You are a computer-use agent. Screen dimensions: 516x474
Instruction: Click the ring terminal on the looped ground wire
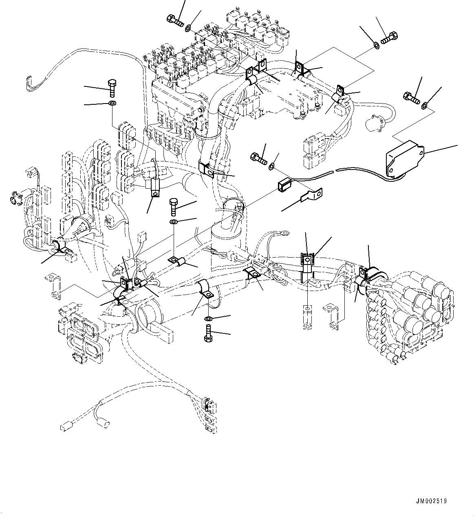click(x=285, y=234)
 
